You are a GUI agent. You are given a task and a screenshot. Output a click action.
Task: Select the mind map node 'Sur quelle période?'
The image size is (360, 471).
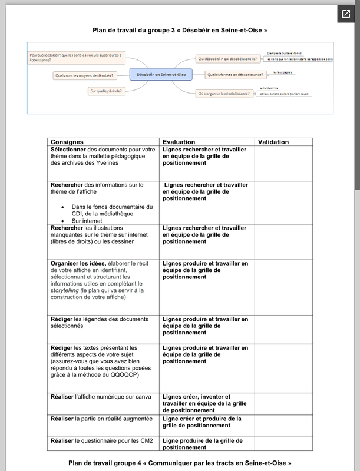click(105, 91)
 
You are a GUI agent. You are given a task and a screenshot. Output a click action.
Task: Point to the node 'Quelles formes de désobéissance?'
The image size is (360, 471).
click(235, 74)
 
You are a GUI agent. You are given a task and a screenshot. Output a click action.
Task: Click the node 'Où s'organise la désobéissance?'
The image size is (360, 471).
click(223, 93)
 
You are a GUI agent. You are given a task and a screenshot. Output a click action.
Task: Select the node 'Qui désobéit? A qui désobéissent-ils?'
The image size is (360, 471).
click(227, 59)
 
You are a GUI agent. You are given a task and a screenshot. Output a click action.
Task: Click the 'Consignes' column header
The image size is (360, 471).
click(67, 142)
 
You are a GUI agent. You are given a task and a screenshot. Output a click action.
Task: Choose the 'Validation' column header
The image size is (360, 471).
click(273, 142)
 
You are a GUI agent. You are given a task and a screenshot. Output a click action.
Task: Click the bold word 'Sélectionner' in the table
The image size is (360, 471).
click(72, 150)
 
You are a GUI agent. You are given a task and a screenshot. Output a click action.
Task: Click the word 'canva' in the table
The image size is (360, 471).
click(143, 397)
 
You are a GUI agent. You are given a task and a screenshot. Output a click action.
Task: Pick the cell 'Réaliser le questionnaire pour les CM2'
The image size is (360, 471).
click(102, 440)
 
